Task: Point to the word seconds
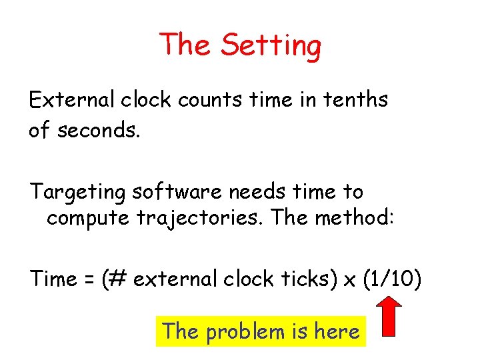pos(99,130)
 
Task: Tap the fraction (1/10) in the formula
pos(392,279)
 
